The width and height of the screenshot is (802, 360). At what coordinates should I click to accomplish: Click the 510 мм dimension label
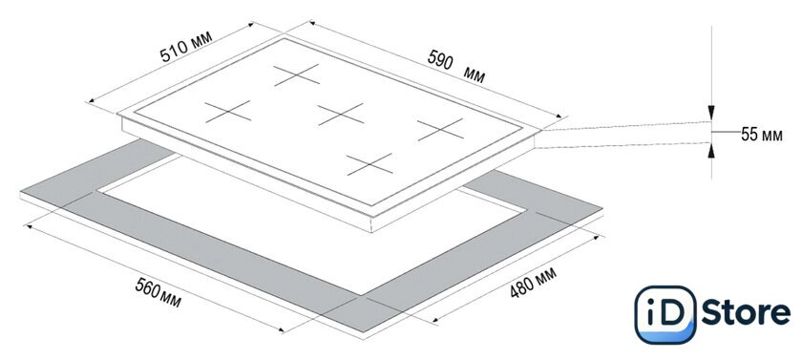click(185, 46)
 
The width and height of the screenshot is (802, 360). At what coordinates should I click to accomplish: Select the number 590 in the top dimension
click(440, 60)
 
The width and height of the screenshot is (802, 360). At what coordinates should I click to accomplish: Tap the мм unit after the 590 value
click(475, 75)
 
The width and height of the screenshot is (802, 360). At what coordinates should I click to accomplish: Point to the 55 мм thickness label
click(762, 135)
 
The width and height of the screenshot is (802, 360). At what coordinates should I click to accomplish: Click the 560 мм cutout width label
click(158, 293)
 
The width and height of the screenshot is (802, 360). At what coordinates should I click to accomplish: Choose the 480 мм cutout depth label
click(533, 282)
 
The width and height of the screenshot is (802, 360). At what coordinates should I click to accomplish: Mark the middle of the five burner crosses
click(341, 114)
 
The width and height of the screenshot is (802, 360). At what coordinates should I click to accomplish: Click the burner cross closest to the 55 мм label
click(440, 129)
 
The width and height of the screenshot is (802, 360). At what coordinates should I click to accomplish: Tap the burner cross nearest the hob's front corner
click(369, 164)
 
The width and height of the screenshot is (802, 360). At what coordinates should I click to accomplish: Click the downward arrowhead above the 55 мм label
click(711, 113)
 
